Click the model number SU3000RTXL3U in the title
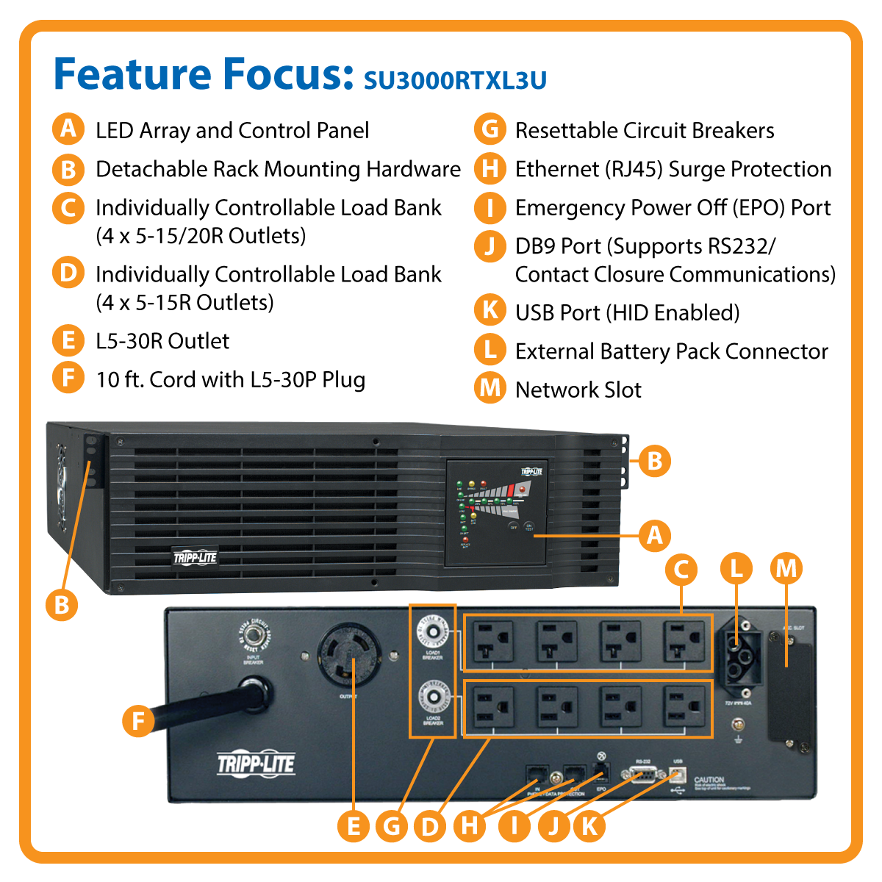(455, 79)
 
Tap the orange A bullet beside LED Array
(68, 129)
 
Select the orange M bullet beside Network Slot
(490, 388)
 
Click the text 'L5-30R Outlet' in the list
(162, 341)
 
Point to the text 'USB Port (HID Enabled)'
(627, 312)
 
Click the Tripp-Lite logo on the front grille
(196, 558)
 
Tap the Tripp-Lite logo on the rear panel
(256, 764)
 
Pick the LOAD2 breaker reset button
(433, 697)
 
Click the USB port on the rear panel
(678, 775)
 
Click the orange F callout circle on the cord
(138, 721)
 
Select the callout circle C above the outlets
(681, 569)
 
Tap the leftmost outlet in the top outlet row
(492, 642)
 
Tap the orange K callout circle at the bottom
(589, 825)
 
